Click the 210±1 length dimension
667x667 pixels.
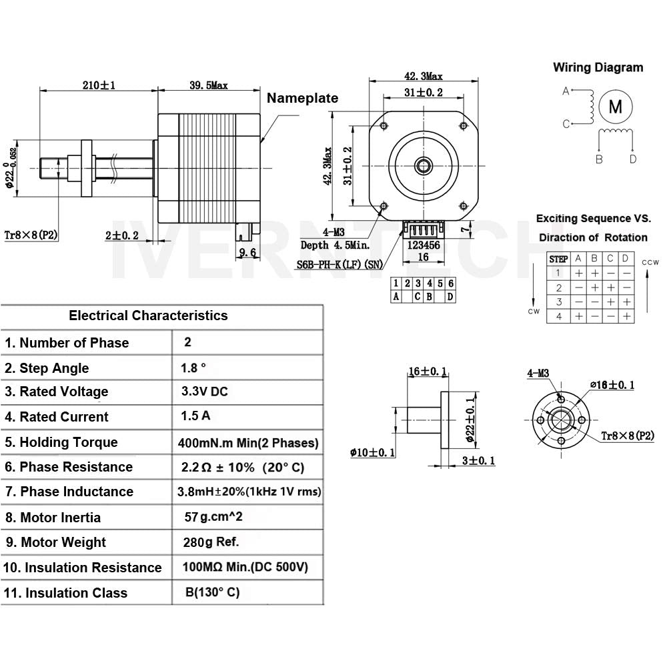tap(98, 85)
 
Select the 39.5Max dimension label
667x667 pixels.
tap(208, 85)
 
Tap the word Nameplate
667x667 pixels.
tap(302, 98)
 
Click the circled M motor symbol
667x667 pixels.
tap(616, 107)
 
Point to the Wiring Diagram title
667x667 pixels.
tap(598, 67)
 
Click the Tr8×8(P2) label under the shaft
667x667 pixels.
tap(31, 234)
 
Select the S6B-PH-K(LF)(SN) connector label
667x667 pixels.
tap(340, 264)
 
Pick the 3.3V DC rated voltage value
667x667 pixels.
tap(204, 392)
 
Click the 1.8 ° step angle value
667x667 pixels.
tap(193, 368)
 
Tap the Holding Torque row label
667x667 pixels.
tap(61, 442)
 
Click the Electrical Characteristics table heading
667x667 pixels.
tap(148, 315)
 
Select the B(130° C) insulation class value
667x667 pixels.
tap(212, 592)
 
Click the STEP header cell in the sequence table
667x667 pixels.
tap(558, 259)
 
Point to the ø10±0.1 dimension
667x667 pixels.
tap(372, 453)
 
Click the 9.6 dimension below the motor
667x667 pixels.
tap(247, 252)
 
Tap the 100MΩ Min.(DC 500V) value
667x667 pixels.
tap(244, 568)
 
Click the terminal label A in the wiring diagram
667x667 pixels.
tap(566, 91)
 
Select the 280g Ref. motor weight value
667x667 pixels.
tap(210, 542)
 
